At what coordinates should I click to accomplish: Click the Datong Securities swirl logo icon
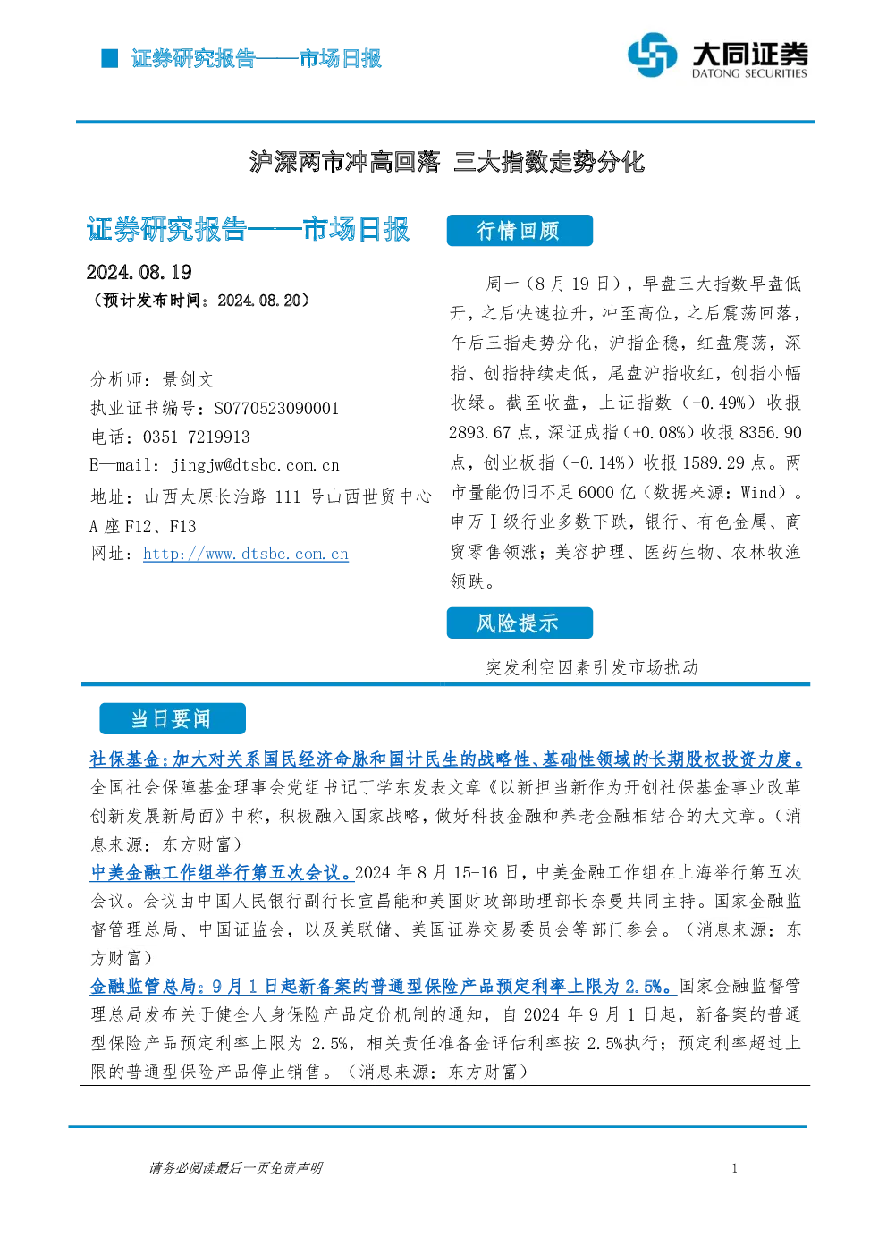(x=653, y=55)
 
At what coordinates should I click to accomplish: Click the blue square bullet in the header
(x=109, y=58)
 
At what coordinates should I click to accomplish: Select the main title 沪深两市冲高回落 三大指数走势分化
(x=447, y=162)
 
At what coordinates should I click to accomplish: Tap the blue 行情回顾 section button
(x=520, y=230)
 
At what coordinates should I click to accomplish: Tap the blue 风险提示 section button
(x=520, y=623)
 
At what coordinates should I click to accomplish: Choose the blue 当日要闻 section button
(x=173, y=718)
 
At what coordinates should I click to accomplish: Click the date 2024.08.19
(x=139, y=272)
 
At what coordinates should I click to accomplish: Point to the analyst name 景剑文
(x=188, y=379)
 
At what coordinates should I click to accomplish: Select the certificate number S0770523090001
(x=276, y=408)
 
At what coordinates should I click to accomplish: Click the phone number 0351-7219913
(x=196, y=437)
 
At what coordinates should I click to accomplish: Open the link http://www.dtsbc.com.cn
(x=246, y=554)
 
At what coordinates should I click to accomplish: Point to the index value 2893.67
(x=480, y=433)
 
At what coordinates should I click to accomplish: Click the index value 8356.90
(x=771, y=433)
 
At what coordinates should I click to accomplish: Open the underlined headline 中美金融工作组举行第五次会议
(x=222, y=872)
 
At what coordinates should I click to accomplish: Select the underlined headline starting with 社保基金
(x=446, y=759)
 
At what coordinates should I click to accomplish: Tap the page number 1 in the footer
(x=735, y=1168)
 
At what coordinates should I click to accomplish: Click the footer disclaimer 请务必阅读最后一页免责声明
(x=236, y=1167)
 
